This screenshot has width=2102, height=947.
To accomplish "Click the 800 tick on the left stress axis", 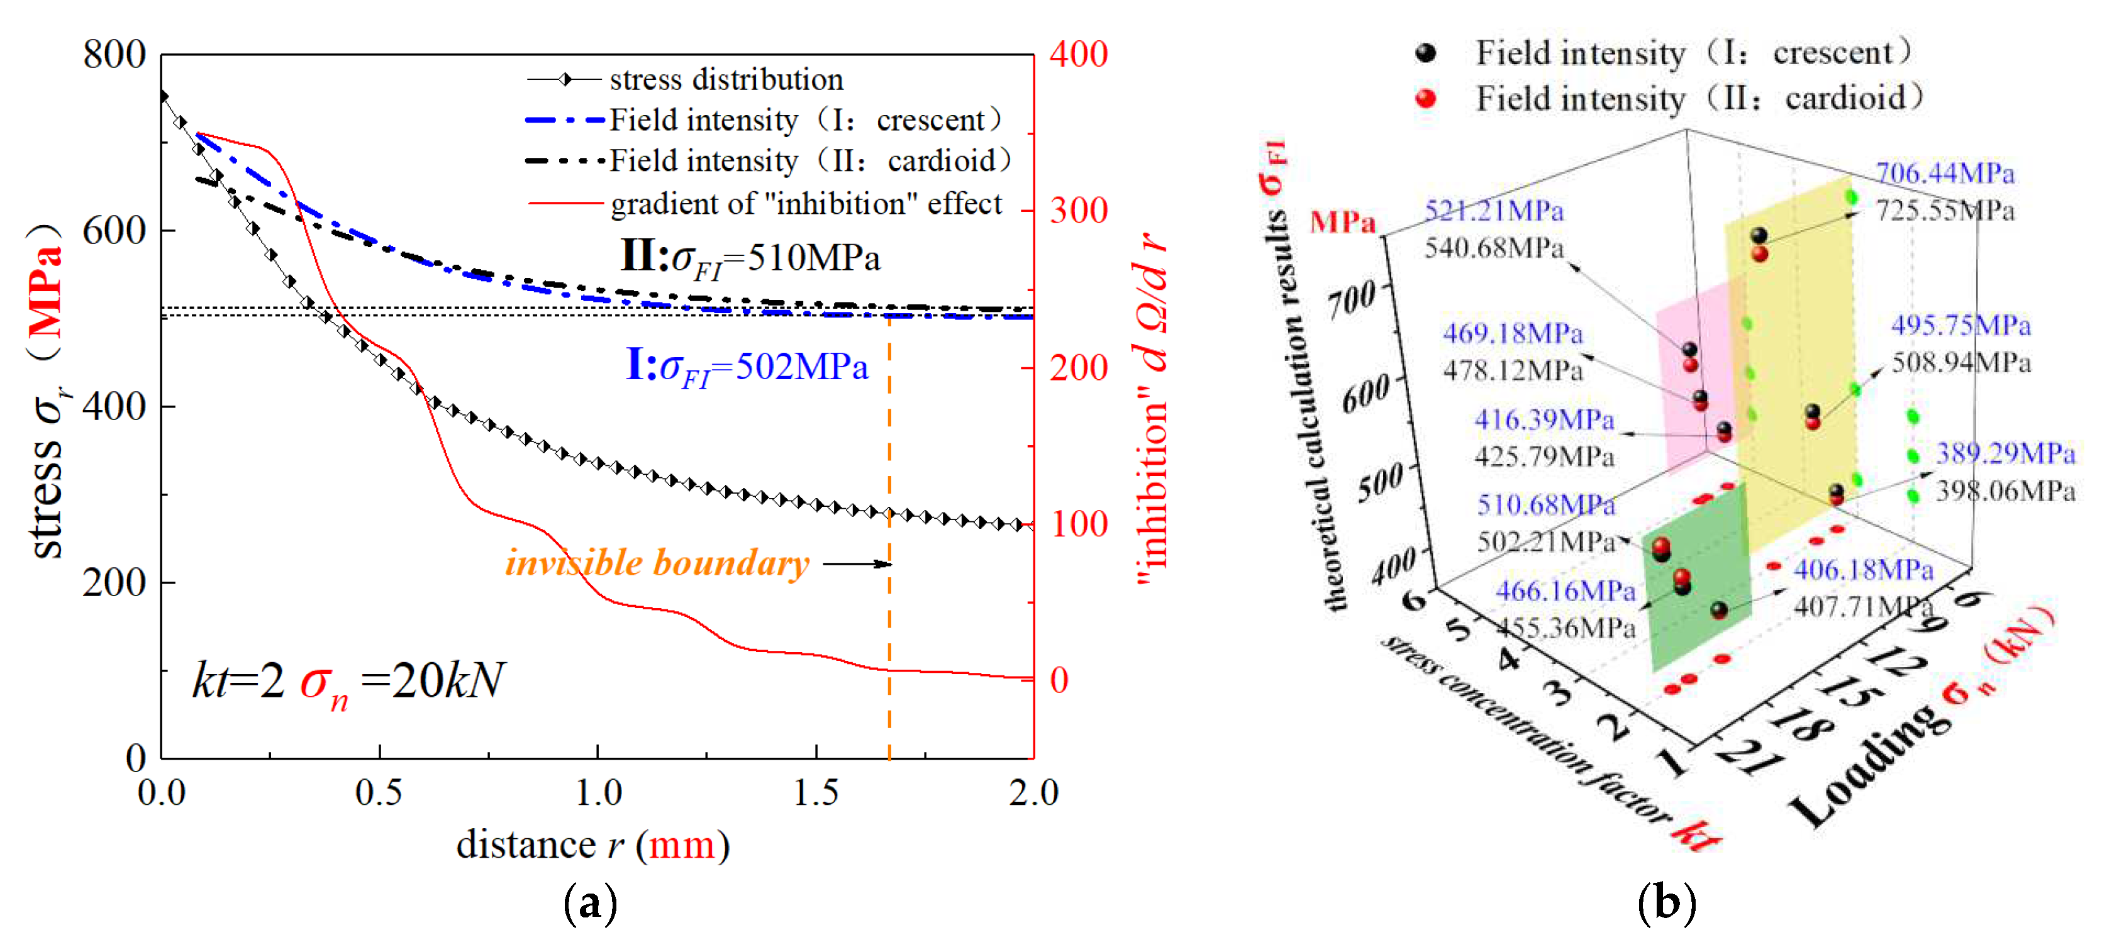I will pyautogui.click(x=114, y=55).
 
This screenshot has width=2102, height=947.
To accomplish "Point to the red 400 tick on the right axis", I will pyautogui.click(x=1078, y=55).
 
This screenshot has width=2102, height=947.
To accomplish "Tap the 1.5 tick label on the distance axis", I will pyautogui.click(x=815, y=793).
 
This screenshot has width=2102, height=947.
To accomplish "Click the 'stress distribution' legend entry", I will pyautogui.click(x=725, y=80).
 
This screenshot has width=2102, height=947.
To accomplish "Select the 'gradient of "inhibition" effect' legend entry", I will pyautogui.click(x=805, y=204).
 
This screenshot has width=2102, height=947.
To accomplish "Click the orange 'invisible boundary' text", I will pyautogui.click(x=657, y=563).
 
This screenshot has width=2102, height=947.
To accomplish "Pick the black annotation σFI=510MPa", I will pyautogui.click(x=751, y=258).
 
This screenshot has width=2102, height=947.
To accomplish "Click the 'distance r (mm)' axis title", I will pyautogui.click(x=592, y=845).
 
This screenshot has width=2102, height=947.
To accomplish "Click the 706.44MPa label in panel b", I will pyautogui.click(x=1945, y=173).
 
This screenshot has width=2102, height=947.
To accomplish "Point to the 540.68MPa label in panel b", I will pyautogui.click(x=1493, y=247).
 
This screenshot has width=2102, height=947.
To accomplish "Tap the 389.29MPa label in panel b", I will pyautogui.click(x=2005, y=453).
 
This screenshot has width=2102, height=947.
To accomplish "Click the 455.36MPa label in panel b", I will pyautogui.click(x=1565, y=628).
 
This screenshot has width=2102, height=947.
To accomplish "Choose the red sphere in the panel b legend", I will pyautogui.click(x=1425, y=99).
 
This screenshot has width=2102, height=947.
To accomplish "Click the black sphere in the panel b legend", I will pyautogui.click(x=1425, y=53).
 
